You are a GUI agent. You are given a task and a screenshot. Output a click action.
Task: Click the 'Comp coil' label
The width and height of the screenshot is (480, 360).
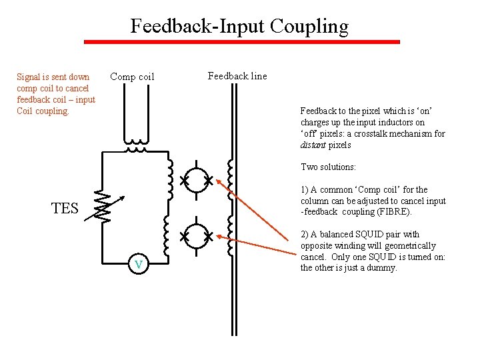132,77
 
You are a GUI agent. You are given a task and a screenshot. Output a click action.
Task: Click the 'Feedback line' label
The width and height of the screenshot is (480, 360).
237,76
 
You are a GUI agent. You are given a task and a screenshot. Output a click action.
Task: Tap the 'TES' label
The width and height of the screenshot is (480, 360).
65,209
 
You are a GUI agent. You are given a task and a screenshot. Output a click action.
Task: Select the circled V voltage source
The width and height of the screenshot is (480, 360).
138,265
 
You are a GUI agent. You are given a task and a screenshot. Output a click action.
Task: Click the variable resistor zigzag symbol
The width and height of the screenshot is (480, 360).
103,207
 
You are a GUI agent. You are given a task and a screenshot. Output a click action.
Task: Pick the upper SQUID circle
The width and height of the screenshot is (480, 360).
196,181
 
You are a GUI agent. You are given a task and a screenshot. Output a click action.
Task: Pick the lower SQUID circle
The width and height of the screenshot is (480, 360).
196,236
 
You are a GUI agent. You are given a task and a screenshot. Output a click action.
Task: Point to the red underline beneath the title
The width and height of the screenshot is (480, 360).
241,42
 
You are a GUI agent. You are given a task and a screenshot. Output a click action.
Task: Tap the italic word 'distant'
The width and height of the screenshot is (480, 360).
313,145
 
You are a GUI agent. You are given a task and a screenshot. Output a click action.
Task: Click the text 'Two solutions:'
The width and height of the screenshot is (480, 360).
329,167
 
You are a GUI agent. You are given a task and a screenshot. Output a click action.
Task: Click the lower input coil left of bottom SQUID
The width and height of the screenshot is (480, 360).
169,237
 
